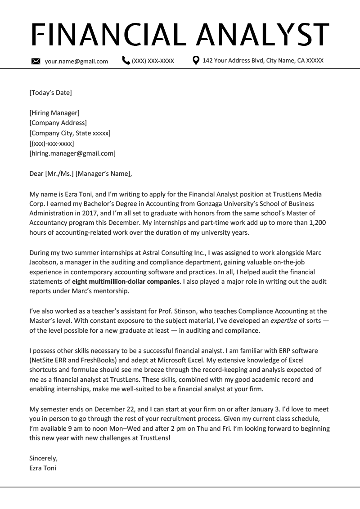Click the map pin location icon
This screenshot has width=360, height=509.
[x=196, y=60]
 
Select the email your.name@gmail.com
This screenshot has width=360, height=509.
[x=76, y=62]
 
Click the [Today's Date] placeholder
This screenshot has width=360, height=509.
[x=50, y=93]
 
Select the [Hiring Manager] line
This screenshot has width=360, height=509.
[x=54, y=113]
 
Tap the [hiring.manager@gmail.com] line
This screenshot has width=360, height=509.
[x=72, y=153]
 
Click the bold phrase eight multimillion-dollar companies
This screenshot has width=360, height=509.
[x=126, y=282]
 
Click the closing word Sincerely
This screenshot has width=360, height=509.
[x=43, y=458]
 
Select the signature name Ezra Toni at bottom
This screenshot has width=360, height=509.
[x=43, y=468]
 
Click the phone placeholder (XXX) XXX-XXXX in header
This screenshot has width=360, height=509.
[x=153, y=61]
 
